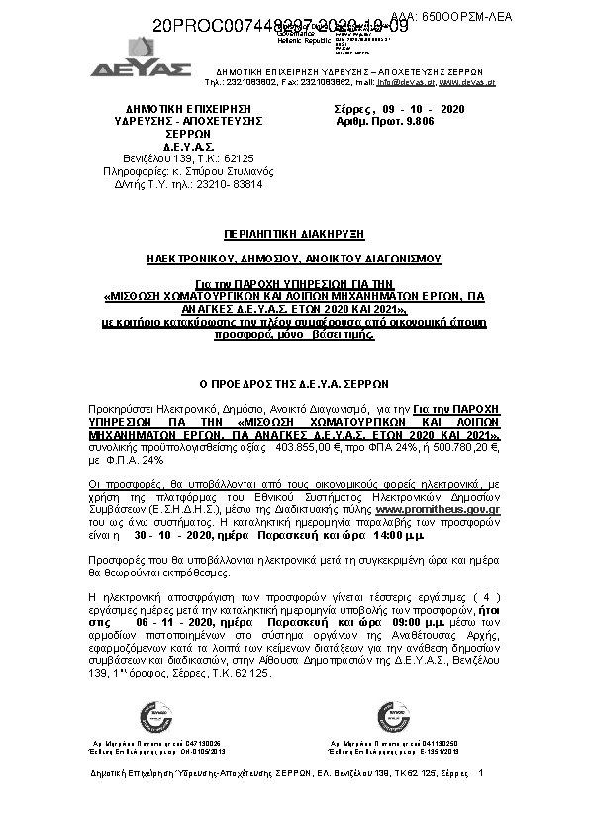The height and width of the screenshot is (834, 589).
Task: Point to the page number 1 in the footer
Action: (x=480, y=771)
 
